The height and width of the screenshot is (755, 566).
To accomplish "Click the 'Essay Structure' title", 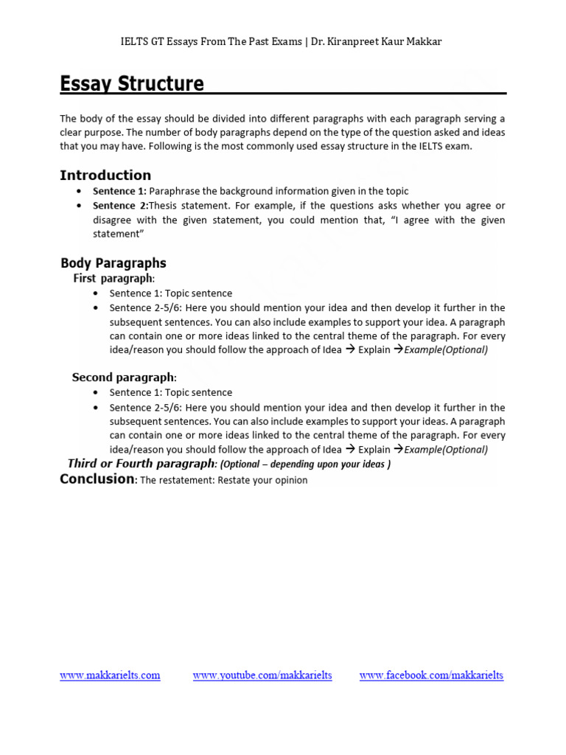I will click(132, 83).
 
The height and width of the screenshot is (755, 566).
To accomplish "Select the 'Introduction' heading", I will click(105, 175).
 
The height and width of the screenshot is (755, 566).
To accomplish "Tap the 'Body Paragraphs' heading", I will click(113, 263).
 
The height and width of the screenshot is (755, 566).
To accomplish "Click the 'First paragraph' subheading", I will click(113, 279).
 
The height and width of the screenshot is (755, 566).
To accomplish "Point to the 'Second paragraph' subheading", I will click(123, 377).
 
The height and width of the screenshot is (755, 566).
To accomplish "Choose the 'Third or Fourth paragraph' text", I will click(140, 464).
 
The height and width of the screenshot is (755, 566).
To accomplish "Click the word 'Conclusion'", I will click(97, 479).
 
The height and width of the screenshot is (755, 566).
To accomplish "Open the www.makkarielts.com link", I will click(110, 675).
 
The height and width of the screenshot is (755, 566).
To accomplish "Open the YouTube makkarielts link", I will click(262, 675).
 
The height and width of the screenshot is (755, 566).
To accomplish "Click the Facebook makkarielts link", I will click(431, 675).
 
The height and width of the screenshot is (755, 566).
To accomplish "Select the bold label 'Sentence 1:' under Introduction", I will click(119, 191).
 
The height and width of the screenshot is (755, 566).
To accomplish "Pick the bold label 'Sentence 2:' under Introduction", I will click(120, 206).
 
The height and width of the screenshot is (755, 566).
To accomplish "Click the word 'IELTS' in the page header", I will click(135, 41).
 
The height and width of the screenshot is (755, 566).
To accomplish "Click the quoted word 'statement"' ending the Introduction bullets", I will click(116, 234).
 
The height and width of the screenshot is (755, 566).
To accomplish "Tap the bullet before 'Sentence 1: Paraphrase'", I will click(79, 191).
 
